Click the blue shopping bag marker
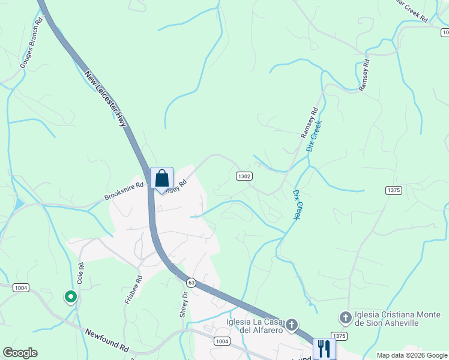[161, 178]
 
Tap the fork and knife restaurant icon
[324, 347]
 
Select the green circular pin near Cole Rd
[70, 296]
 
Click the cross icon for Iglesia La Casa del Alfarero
[291, 325]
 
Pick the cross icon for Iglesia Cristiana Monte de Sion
[345, 317]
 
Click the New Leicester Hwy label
[107, 100]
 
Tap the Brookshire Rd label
[124, 191]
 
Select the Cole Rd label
[80, 273]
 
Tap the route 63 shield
[191, 282]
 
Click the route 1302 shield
[244, 176]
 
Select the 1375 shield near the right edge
[393, 190]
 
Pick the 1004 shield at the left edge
[20, 288]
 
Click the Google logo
[20, 353]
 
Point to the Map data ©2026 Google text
[411, 355]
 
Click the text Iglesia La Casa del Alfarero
[253, 326]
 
